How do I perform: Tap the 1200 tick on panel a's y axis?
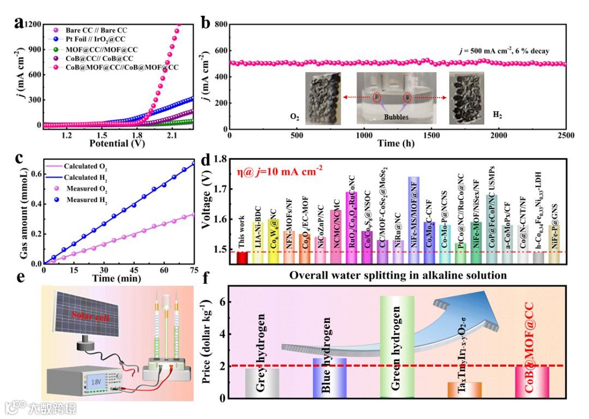pos(33,24)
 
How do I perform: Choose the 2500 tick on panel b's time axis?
pos(566,135)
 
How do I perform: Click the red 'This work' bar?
pos(242,258)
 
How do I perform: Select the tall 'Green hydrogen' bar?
pos(396,346)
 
